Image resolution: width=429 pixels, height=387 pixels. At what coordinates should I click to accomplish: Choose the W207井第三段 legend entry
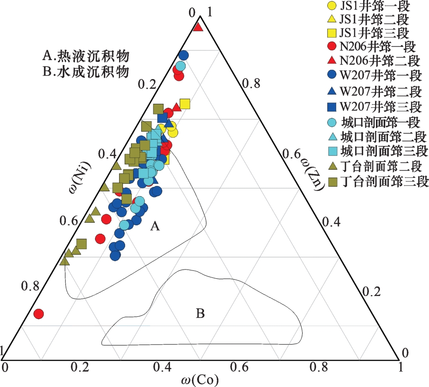tap(376, 106)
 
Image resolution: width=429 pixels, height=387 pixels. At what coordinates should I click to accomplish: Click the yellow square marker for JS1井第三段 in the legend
tap(331, 33)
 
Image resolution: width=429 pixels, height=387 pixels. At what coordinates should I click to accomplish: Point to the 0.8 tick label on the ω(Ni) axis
tap(30, 286)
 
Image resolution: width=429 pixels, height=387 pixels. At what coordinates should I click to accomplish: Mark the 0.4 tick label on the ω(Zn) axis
tap(332, 223)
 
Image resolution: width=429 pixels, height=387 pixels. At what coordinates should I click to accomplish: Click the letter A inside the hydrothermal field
tap(154, 227)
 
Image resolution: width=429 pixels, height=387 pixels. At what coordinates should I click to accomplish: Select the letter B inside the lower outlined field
tap(200, 314)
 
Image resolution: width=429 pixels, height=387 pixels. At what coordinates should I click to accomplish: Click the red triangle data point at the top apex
tap(198, 27)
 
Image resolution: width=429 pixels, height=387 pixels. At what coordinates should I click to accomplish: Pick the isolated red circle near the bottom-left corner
tap(39, 314)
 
